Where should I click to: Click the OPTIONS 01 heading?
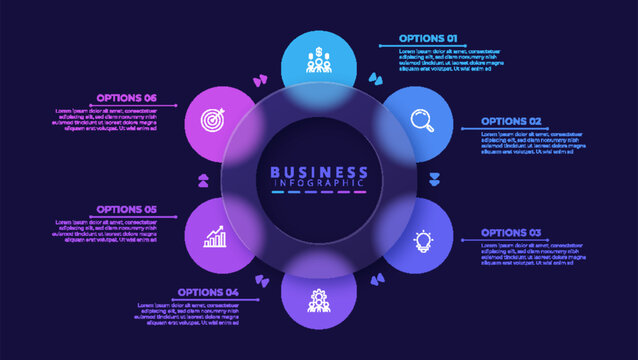click(428, 38)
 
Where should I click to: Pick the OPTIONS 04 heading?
click(208, 293)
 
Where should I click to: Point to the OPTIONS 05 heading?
click(127, 210)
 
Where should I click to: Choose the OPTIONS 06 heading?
click(127, 98)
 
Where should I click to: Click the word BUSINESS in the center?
click(319, 172)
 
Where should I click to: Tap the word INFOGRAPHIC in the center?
click(319, 184)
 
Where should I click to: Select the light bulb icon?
click(423, 241)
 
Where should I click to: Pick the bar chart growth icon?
click(215, 238)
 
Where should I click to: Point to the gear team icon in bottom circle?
click(319, 300)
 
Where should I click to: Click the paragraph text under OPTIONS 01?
click(449, 59)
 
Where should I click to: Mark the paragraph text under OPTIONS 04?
click(184, 313)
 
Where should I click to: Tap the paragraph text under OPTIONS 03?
click(531, 252)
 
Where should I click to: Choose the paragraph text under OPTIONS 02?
click(531, 141)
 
